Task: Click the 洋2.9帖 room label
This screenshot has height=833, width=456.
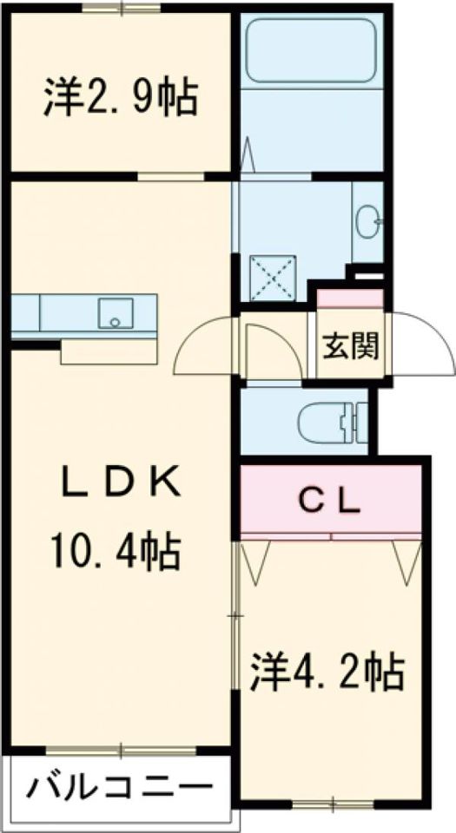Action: pyautogui.click(x=121, y=98)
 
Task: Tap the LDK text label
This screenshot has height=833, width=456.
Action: pyautogui.click(x=121, y=484)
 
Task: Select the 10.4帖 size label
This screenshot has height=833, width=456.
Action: pyautogui.click(x=116, y=552)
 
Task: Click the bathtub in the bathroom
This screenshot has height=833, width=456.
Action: pyautogui.click(x=312, y=51)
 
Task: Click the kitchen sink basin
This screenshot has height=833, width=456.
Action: pyautogui.click(x=115, y=312)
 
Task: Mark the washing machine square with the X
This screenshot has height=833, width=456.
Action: pyautogui.click(x=273, y=278)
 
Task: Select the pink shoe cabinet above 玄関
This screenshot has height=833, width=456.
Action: pyautogui.click(x=350, y=298)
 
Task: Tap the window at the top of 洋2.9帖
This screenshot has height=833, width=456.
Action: pyautogui.click(x=122, y=8)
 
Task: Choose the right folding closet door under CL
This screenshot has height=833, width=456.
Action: pyautogui.click(x=407, y=561)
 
